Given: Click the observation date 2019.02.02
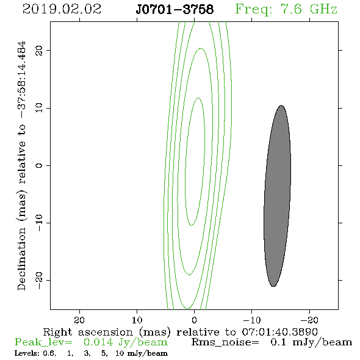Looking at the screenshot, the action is pos(62,9).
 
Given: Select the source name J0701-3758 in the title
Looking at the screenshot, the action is pos(175,9).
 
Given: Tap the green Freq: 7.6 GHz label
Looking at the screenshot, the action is pos(286,9).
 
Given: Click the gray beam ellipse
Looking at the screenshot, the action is pos(278,196).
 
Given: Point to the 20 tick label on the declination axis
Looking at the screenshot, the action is pos(39,51).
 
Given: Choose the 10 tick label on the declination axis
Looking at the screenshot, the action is pos(39,108).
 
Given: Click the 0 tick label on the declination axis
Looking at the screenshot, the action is pos(39,165).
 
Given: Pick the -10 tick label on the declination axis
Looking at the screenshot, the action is pos(39,223).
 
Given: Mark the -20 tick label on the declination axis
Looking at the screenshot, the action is pos(39,280).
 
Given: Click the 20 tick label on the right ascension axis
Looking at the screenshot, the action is pos(79,320).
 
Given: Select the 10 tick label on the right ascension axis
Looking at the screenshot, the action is pos(137,320).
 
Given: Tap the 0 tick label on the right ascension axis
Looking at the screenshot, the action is pos(194,320).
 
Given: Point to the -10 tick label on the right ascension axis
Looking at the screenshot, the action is pos(252,320).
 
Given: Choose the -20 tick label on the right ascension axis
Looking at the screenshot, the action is pos(309,320).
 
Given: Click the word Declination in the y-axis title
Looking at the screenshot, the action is pos(21,259).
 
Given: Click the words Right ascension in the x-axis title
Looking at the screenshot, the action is pos(88,332).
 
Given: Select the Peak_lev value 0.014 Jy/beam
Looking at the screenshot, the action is pos(125,342).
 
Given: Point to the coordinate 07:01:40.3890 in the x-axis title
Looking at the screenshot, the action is pos(280,332).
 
